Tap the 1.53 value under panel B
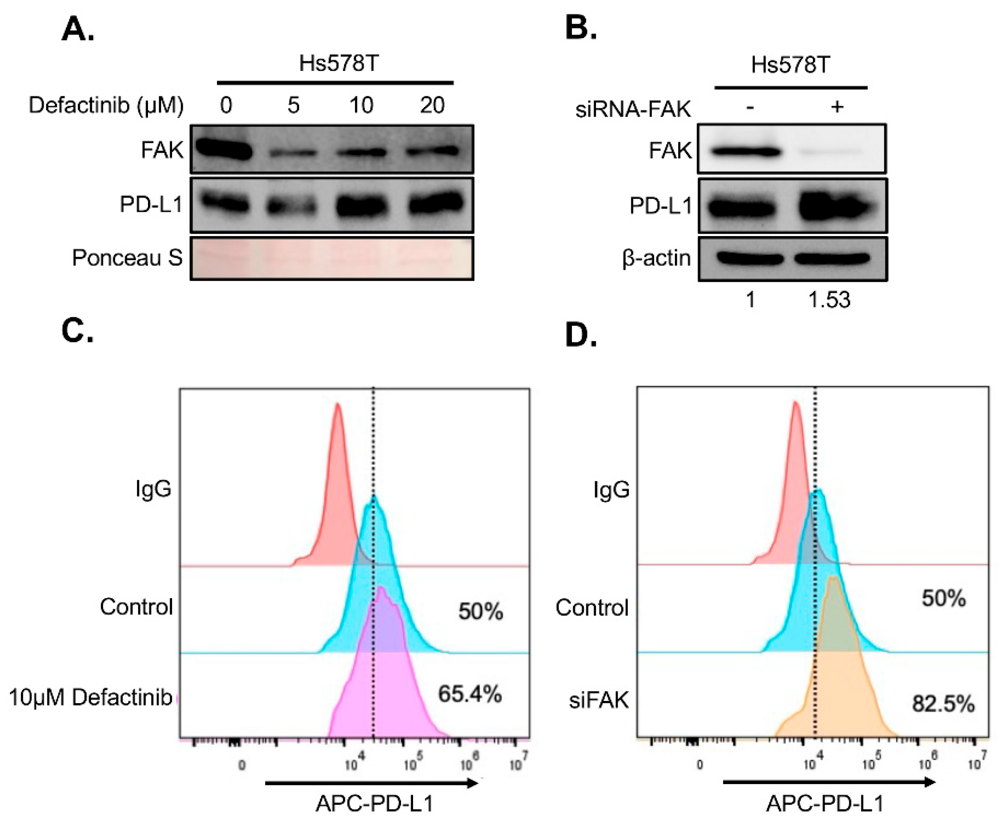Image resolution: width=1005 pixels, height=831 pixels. (x=829, y=300)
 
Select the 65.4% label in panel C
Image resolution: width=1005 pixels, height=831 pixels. (x=470, y=694)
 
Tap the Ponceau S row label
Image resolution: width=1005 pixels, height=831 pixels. (x=127, y=258)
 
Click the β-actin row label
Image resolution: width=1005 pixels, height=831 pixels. (x=656, y=258)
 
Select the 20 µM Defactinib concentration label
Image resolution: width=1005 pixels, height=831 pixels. (x=433, y=105)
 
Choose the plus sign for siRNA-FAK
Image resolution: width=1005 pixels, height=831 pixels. (x=837, y=107)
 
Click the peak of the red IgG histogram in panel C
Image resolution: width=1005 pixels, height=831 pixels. (x=338, y=405)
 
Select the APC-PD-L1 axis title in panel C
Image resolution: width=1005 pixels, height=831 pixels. (x=374, y=803)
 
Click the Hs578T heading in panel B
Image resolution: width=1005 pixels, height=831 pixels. (x=790, y=65)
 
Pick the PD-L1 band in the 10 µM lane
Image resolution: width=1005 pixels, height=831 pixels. (x=361, y=206)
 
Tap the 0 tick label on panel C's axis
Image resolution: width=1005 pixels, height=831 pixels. (x=242, y=765)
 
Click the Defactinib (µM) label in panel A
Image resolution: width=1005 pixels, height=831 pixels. (x=106, y=105)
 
